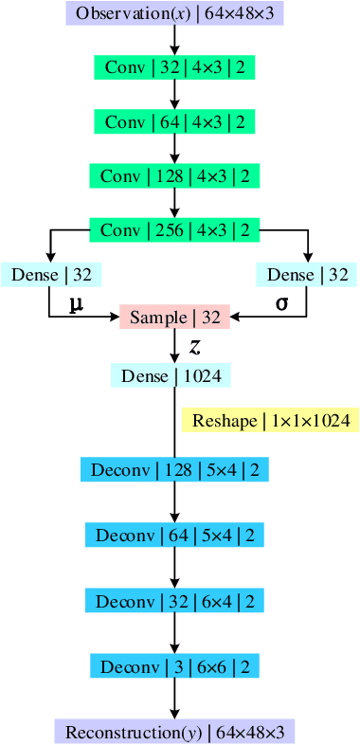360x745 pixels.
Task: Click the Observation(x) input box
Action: [175, 13]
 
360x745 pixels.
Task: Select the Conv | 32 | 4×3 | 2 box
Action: [175, 68]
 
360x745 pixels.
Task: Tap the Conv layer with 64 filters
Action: [175, 122]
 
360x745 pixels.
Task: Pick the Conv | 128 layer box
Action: [175, 176]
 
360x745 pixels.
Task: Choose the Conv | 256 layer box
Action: [175, 230]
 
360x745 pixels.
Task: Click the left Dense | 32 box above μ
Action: [51, 275]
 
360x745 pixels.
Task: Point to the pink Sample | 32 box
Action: [175, 318]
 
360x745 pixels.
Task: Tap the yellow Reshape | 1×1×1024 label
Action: [271, 420]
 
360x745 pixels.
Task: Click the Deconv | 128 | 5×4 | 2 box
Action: [175, 469]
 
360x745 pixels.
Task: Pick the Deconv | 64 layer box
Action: [175, 536]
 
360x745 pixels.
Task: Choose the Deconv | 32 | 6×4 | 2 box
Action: [175, 601]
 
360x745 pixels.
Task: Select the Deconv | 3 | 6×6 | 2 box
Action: [175, 665]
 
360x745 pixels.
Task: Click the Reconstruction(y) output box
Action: [175, 732]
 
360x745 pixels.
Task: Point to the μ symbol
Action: [76, 303]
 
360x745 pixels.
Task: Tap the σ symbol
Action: [281, 302]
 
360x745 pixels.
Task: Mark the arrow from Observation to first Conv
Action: [175, 40]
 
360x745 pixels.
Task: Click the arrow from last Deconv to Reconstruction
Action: [175, 699]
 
